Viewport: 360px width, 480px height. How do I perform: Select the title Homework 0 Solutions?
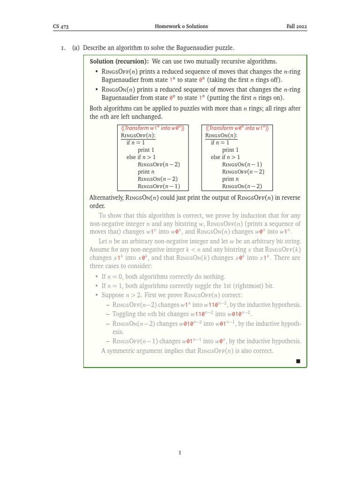click(x=181, y=27)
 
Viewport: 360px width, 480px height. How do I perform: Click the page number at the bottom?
click(x=180, y=453)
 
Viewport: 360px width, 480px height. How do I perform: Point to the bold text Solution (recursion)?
click(x=119, y=61)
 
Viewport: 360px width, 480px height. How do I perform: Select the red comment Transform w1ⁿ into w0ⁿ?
click(x=152, y=128)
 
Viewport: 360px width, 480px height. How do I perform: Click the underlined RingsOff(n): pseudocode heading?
click(x=138, y=135)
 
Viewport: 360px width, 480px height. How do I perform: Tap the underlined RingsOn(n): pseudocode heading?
click(x=221, y=135)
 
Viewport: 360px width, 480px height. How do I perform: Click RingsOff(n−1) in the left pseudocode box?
click(x=159, y=186)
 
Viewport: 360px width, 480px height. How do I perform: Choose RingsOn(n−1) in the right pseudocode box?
click(x=242, y=165)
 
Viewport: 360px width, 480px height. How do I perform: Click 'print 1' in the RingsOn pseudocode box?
click(x=231, y=150)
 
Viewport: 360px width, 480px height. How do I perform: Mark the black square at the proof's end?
click(x=298, y=361)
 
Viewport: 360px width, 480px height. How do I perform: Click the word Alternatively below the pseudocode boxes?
click(x=106, y=197)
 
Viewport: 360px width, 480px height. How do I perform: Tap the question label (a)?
click(x=76, y=48)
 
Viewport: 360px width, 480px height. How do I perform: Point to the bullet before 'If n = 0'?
click(x=97, y=277)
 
